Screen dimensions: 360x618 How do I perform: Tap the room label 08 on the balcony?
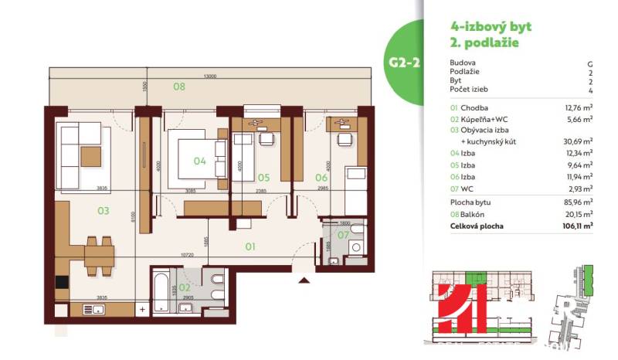[179, 87]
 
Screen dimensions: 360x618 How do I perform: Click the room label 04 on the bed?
[199, 161]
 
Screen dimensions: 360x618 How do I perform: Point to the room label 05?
[263, 177]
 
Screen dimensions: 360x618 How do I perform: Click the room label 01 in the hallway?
[250, 247]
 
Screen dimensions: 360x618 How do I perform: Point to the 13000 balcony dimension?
[209, 76]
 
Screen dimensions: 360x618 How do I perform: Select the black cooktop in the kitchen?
[61, 283]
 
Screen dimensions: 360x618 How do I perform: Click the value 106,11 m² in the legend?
[576, 226]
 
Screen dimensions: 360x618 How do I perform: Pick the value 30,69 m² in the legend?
[576, 141]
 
